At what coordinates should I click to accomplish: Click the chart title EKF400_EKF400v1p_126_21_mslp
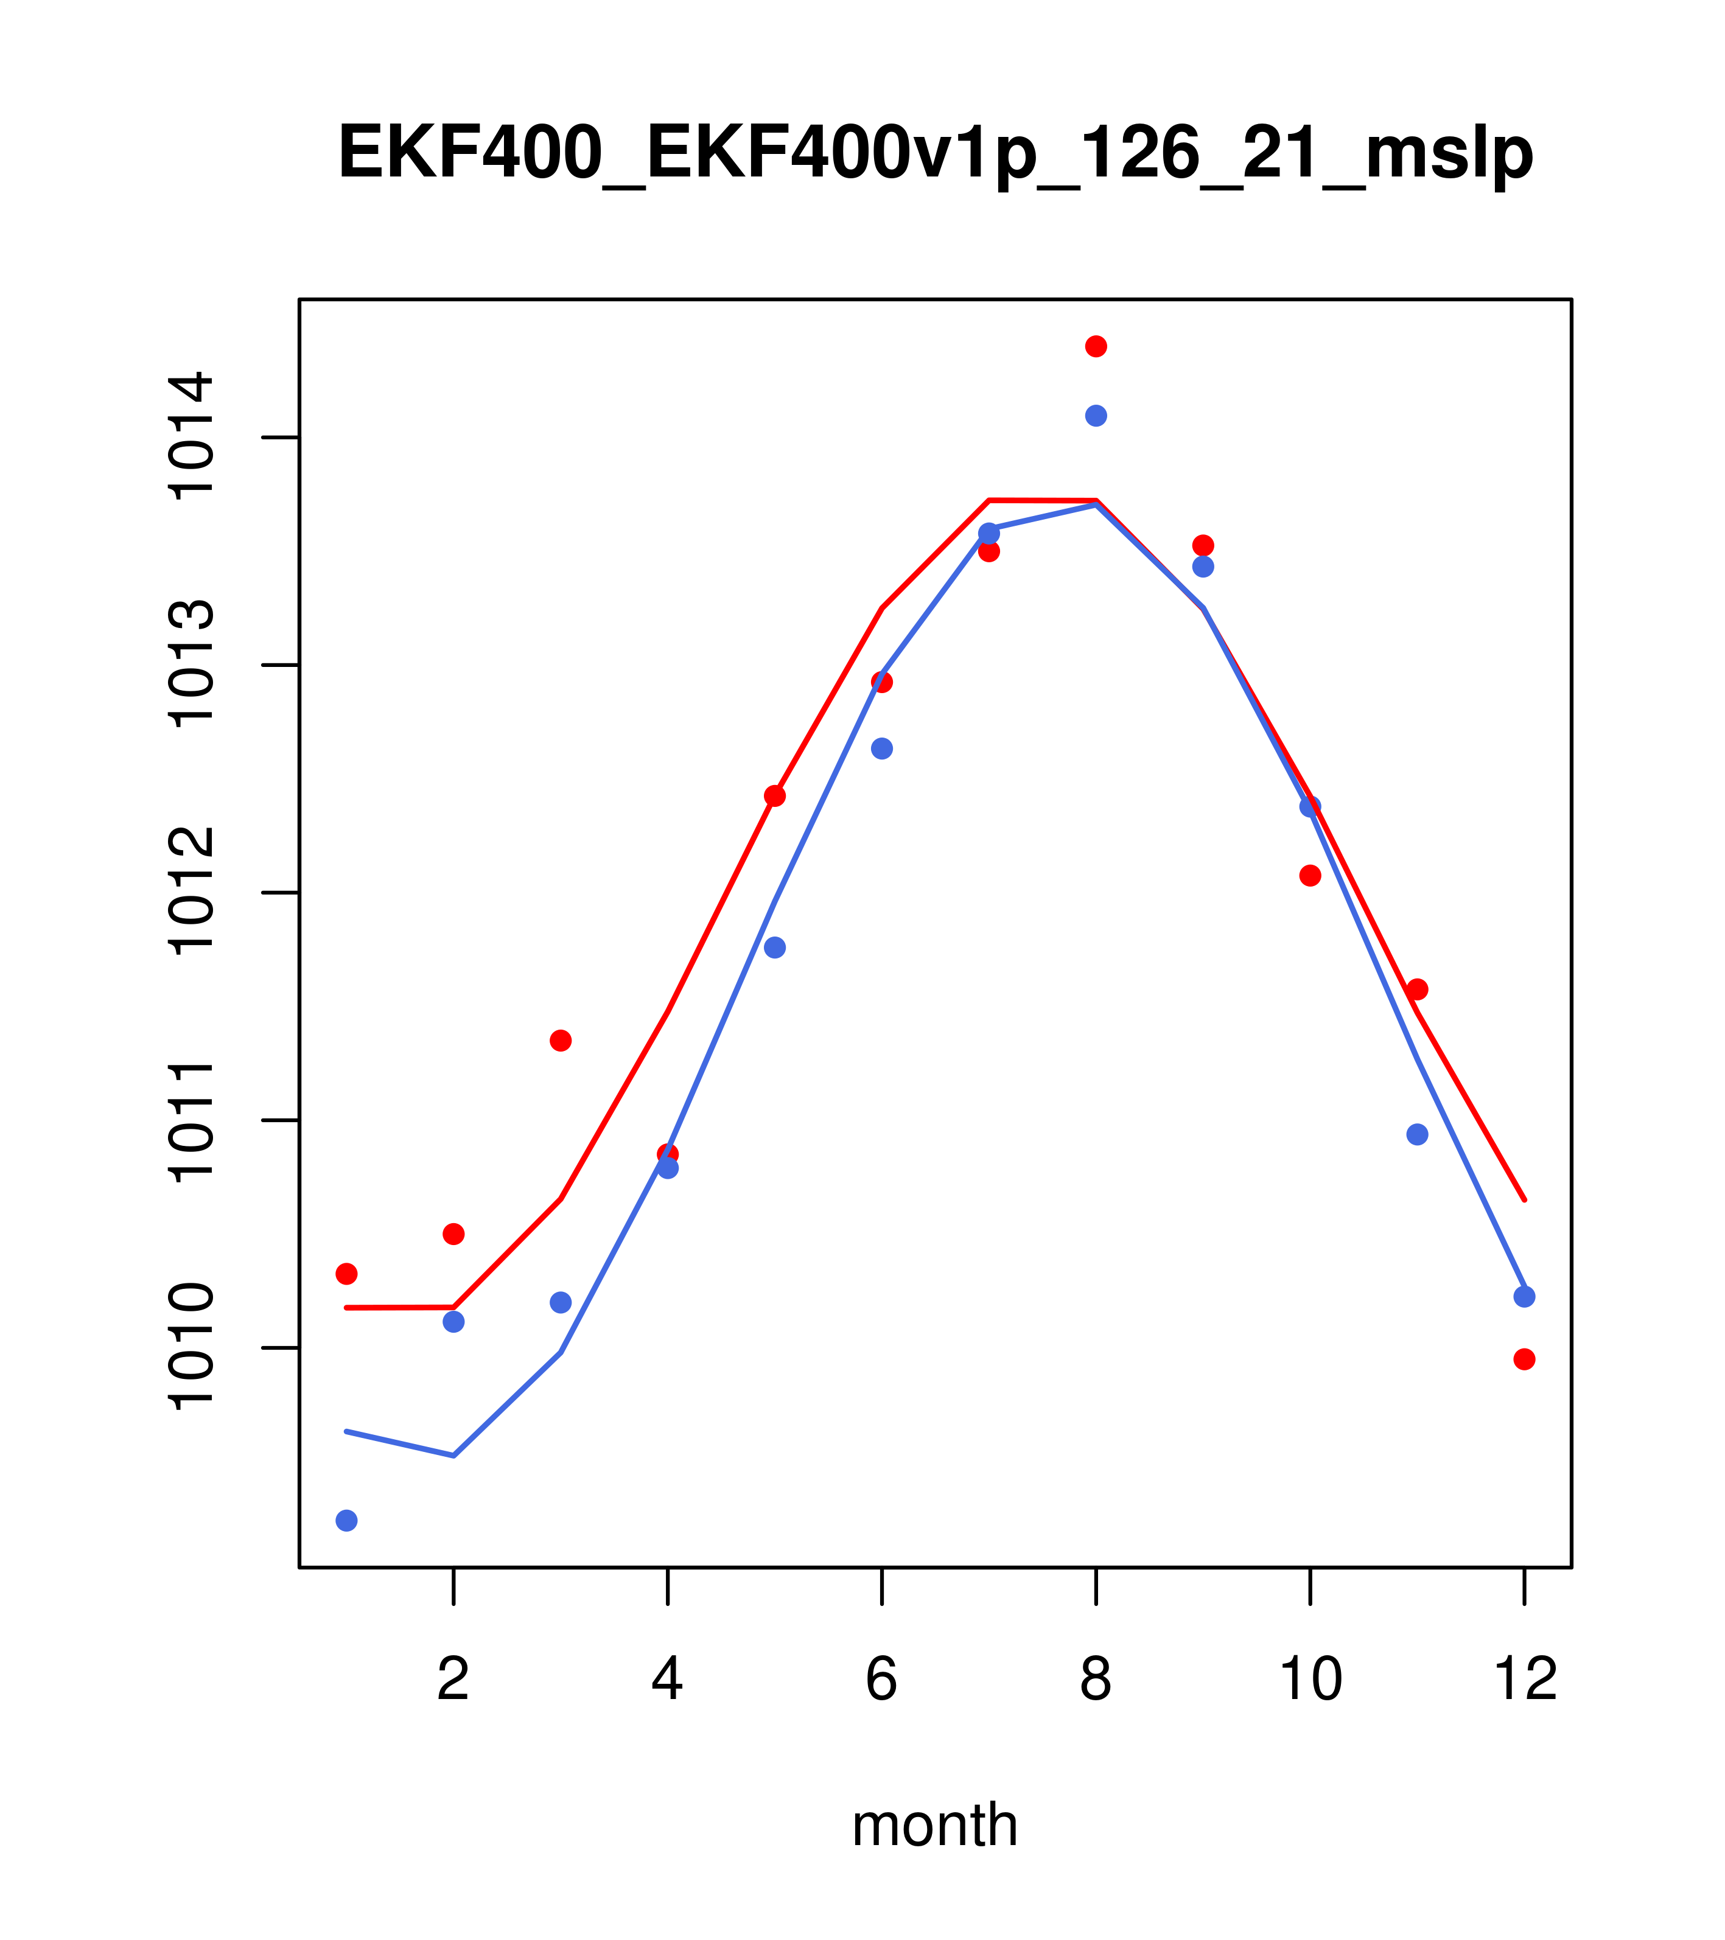click(935, 153)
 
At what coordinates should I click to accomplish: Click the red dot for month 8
click(1096, 346)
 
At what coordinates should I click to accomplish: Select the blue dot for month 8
click(1096, 416)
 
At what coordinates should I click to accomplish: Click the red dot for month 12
click(1525, 1359)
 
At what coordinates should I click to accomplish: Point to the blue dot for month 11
click(1418, 1134)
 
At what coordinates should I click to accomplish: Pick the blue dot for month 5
click(775, 947)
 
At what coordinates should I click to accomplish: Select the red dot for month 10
click(1310, 875)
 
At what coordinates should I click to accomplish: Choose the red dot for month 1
click(346, 1274)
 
